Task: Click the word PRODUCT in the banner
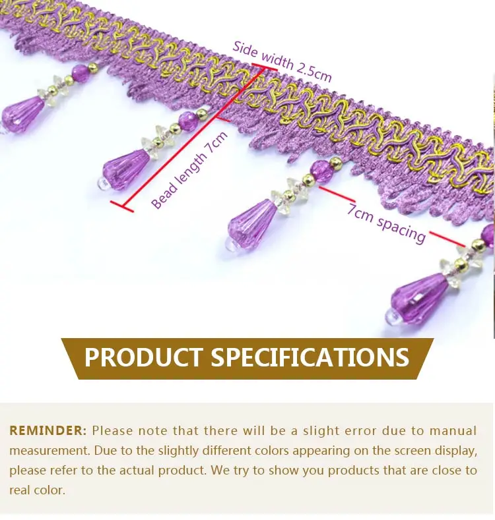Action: pyautogui.click(x=143, y=357)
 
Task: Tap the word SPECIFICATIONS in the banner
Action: pyautogui.click(x=310, y=357)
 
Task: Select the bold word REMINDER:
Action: pyautogui.click(x=48, y=431)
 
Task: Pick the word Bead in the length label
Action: pyautogui.click(x=163, y=196)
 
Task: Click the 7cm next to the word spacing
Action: pyautogui.click(x=361, y=212)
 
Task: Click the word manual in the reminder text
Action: pyautogui.click(x=453, y=431)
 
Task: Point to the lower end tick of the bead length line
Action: pyautogui.click(x=122, y=207)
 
